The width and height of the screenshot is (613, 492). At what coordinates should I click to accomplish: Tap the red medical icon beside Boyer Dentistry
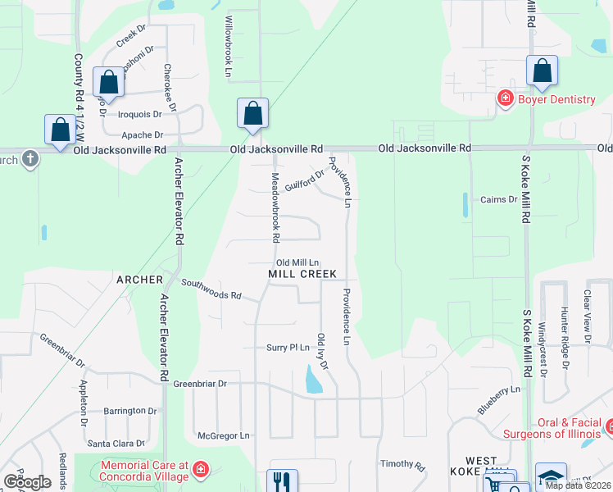[x=506, y=99]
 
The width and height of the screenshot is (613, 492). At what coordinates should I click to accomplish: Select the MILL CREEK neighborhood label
[x=302, y=273]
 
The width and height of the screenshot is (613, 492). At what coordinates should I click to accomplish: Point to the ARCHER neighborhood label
[x=139, y=280]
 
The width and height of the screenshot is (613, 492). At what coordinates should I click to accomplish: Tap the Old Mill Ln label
[x=296, y=262]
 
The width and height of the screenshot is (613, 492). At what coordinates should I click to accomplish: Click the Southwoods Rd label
[x=211, y=289]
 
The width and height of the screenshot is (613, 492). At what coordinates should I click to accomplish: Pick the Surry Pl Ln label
[x=288, y=348]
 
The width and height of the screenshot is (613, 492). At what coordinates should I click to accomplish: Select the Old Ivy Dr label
[x=322, y=349]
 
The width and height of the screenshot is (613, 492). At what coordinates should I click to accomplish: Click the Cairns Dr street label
[x=498, y=199]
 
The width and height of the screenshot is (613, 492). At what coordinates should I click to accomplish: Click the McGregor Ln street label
[x=223, y=435]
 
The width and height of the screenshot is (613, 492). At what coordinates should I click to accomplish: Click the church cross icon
[x=30, y=158]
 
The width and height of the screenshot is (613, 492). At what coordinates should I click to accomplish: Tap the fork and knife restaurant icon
[x=283, y=481]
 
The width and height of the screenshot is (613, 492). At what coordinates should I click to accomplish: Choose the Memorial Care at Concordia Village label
[x=143, y=470]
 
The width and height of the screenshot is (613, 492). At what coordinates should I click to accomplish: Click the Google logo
[x=27, y=482]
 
